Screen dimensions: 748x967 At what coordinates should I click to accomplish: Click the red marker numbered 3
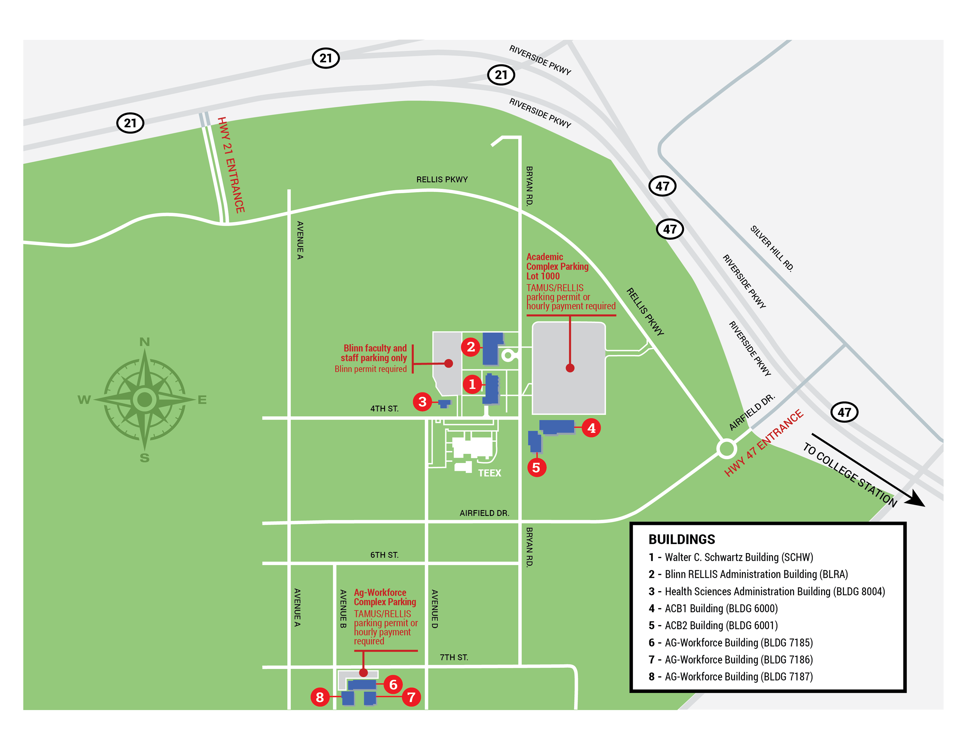point(422,402)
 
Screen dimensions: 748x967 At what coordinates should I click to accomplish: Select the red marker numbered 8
point(320,697)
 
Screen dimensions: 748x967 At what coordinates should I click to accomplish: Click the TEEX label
point(489,473)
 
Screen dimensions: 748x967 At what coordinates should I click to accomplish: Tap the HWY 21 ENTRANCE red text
point(231,165)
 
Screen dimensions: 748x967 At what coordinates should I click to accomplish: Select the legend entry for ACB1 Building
point(713,608)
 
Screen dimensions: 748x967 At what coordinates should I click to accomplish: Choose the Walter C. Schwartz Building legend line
point(731,557)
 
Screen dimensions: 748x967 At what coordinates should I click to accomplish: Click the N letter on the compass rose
point(145,342)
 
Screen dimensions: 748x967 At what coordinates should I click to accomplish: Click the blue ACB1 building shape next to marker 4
point(556,426)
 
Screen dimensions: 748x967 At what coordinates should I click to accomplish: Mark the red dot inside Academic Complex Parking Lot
point(570,368)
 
